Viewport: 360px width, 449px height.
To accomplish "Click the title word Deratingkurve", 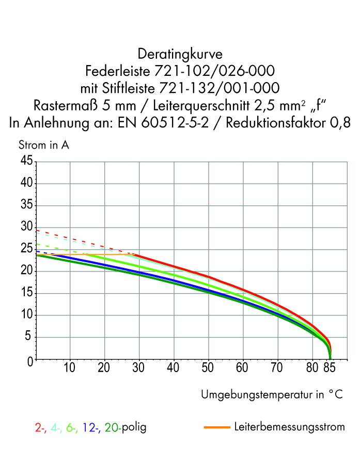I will click(180, 54).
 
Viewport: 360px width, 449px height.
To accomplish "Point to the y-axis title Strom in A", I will click(43, 145).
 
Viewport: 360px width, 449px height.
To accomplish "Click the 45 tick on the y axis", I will click(26, 161).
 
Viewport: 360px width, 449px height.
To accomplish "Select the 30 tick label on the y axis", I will click(26, 227).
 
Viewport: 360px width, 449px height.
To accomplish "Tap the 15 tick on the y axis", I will click(26, 293).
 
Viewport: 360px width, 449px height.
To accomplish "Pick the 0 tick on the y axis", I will click(29, 360).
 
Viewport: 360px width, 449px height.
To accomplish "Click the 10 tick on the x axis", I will click(70, 368).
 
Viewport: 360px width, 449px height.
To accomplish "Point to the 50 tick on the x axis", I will click(208, 368).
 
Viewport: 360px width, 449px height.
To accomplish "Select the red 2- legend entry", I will click(40, 427).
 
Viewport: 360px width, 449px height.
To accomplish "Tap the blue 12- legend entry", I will click(90, 427).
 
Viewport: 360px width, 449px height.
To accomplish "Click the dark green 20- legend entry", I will click(112, 427).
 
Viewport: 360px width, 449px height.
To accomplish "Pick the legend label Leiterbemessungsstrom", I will click(289, 427).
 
